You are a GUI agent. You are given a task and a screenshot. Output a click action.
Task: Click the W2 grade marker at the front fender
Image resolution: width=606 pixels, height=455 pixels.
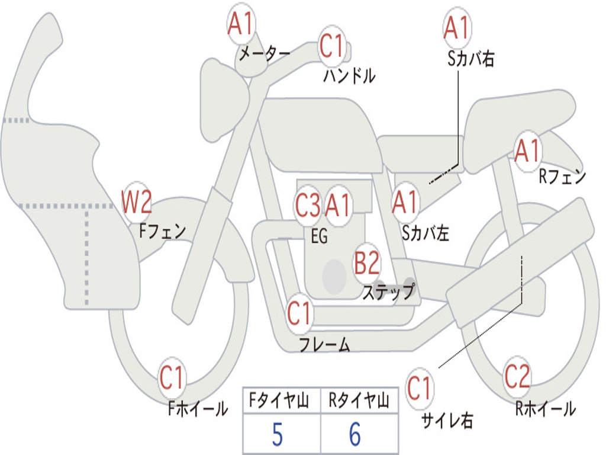tap(136, 201)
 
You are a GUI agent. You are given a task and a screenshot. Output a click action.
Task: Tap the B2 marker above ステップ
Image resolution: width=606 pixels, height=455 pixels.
tap(367, 262)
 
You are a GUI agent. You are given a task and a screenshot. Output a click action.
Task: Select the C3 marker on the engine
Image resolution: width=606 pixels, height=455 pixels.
tap(308, 205)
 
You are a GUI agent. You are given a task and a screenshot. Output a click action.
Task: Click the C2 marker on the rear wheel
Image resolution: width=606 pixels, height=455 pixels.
tap(517, 376)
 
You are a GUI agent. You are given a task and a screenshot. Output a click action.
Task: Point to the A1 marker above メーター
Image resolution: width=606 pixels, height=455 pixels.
tap(241, 24)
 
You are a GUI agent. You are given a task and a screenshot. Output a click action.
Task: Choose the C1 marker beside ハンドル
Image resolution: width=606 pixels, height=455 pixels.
tap(331, 45)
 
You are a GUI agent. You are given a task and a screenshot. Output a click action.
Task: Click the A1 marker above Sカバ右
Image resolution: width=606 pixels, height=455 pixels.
tap(457, 27)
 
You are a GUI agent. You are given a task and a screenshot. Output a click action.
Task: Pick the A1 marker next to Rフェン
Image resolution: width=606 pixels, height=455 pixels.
tap(527, 150)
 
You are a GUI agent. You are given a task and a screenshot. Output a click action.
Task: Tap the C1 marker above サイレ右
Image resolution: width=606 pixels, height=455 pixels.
tap(419, 387)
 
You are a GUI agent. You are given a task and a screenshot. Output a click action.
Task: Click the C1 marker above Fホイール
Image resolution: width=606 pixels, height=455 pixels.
tap(172, 377)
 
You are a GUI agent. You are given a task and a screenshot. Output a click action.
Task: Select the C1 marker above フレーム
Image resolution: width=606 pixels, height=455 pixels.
tap(299, 313)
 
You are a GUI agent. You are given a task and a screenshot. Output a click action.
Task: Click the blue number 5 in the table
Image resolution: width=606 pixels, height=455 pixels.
tap(278, 434)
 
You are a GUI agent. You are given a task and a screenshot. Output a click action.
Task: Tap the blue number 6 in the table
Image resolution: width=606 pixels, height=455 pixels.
tap(355, 434)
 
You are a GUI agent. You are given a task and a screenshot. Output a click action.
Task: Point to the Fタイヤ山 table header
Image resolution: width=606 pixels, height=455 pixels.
tap(279, 400)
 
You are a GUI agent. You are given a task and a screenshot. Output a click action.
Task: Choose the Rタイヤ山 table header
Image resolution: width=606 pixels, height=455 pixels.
tap(359, 400)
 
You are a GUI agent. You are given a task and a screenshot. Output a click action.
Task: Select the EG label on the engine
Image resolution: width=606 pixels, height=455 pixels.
tap(319, 236)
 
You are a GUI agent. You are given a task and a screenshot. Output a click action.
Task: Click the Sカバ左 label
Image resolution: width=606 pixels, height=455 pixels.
tap(426, 233)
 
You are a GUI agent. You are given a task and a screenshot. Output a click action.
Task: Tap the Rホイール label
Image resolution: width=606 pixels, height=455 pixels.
tap(545, 409)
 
